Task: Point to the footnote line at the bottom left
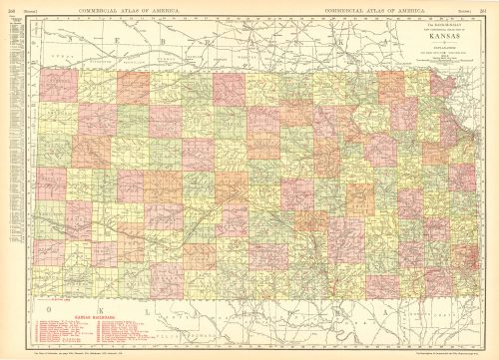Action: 90,355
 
